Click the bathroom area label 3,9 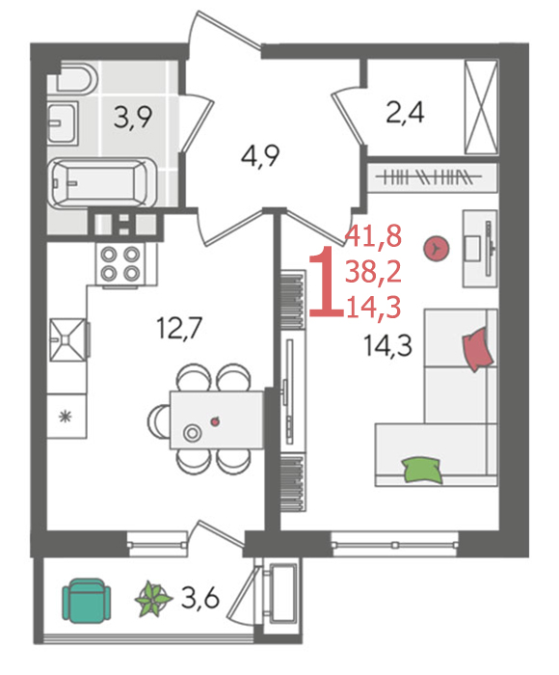[133, 118]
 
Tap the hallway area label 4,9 [260, 156]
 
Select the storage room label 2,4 [405, 113]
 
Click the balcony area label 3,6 [200, 597]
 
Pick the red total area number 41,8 [373, 236]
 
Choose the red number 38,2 [373, 272]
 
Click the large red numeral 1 [327, 282]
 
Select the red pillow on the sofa [477, 349]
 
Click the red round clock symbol [437, 249]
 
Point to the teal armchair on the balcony [86, 600]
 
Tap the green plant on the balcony [153, 599]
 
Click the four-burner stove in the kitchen [120, 263]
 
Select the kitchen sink [68, 339]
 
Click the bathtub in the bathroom [101, 183]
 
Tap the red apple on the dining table [214, 421]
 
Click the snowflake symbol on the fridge [66, 417]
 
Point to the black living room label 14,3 [387, 345]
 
